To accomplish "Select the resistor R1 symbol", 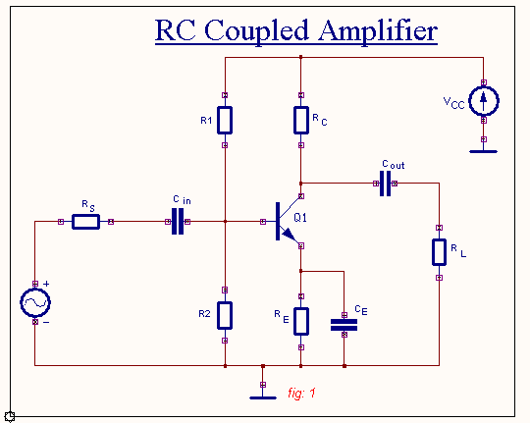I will (x=225, y=120).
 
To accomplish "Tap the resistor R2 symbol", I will (x=225, y=315).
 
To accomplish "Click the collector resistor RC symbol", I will (x=301, y=120).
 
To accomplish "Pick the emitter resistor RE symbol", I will (x=301, y=321).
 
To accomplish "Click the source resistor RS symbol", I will (x=85, y=222).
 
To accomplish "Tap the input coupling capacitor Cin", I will (x=178, y=222).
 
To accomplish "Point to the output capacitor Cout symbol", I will (x=385, y=183).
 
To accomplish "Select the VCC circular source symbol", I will (x=484, y=100).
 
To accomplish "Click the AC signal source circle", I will (x=35, y=302).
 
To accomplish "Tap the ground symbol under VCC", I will (x=484, y=151).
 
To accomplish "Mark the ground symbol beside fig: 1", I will (x=262, y=397).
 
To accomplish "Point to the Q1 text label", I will (x=299, y=216).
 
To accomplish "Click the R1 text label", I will (x=206, y=121).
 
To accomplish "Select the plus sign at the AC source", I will (x=45, y=283).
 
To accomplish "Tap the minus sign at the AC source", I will (x=45, y=322).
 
